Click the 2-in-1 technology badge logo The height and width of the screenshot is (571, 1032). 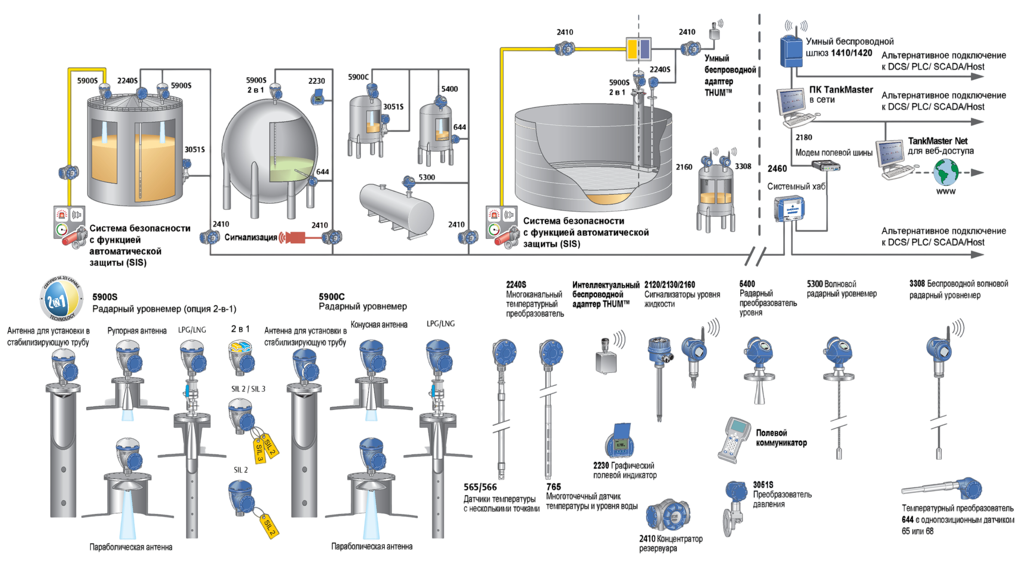coord(61,299)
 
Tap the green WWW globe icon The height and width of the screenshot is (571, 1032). coord(946,172)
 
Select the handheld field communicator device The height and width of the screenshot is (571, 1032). coord(734,440)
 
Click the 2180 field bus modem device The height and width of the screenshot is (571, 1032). coord(826,166)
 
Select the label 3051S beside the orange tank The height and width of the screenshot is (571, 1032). coord(195,149)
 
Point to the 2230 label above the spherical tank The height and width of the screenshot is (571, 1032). coord(316,81)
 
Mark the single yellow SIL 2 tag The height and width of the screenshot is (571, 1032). coord(269,525)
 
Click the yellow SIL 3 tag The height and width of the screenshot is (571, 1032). coord(259,450)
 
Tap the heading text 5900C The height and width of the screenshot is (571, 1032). coord(332,297)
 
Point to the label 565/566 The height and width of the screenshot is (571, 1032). coord(480,487)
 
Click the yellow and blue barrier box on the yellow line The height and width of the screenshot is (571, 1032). coord(639,49)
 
